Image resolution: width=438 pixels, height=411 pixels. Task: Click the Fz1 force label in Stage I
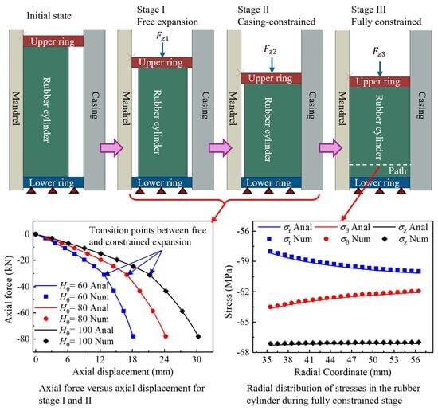162,37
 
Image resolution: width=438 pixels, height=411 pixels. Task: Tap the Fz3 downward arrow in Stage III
379,68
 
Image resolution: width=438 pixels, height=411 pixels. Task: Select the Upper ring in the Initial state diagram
53,41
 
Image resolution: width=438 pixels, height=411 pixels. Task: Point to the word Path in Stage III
397,170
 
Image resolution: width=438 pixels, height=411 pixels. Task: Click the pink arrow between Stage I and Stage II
221,147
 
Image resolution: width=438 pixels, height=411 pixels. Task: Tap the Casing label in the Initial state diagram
95,105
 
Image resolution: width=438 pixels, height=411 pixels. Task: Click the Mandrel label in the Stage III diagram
342,108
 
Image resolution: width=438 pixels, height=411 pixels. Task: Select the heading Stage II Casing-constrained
276,16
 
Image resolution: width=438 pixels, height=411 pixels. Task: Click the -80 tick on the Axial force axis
23,339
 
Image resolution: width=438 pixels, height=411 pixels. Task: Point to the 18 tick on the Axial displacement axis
132,359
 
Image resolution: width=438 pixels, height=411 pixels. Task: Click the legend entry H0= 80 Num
76,319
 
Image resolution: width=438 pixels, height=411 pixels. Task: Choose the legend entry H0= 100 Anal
73,330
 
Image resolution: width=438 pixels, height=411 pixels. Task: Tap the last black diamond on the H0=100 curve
198,336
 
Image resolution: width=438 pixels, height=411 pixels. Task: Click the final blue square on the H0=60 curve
133,336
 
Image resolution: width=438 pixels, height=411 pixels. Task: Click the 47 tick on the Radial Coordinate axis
352,359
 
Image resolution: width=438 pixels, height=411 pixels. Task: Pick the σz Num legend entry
405,239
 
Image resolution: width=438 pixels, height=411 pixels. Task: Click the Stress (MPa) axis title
229,292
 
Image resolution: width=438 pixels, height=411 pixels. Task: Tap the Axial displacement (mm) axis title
123,372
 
